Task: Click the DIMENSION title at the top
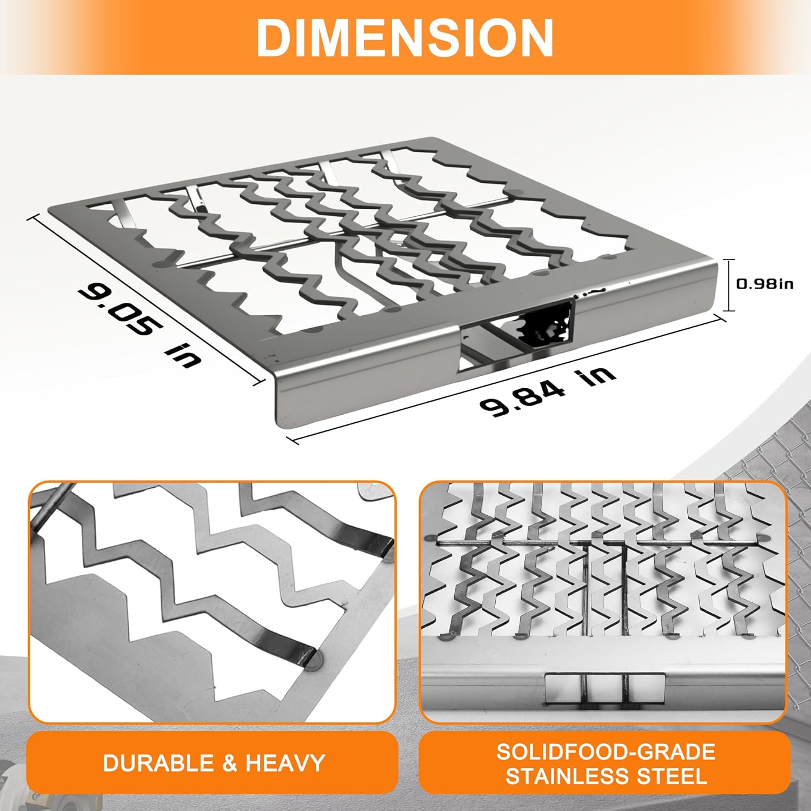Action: [405, 37]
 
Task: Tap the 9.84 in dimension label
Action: [547, 392]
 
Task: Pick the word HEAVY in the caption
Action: [285, 763]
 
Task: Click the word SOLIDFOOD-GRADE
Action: [606, 752]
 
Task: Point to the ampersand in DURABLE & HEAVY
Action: [229, 763]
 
